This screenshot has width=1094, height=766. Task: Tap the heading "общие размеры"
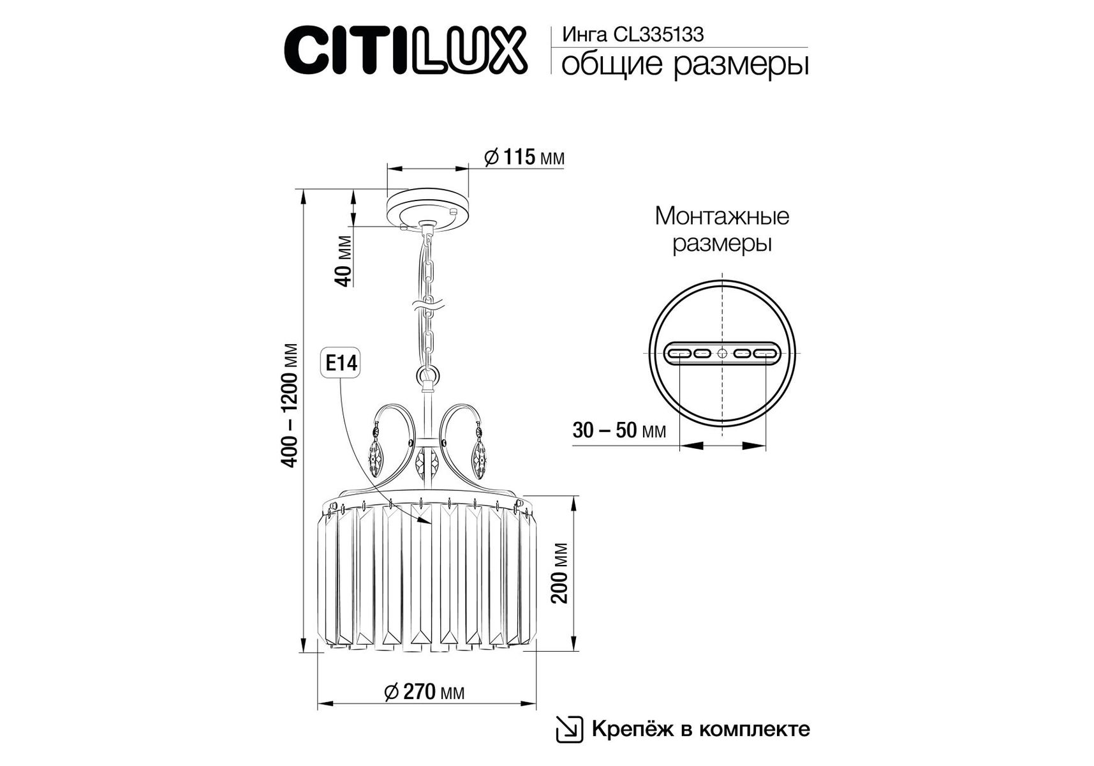(x=684, y=66)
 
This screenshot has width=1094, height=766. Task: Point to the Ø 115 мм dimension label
(x=524, y=157)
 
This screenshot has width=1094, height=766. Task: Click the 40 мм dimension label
(x=344, y=261)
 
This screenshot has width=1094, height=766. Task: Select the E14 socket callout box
(x=341, y=364)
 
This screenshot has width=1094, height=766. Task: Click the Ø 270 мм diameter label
(x=425, y=692)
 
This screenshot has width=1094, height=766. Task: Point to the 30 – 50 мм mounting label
(x=619, y=431)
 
